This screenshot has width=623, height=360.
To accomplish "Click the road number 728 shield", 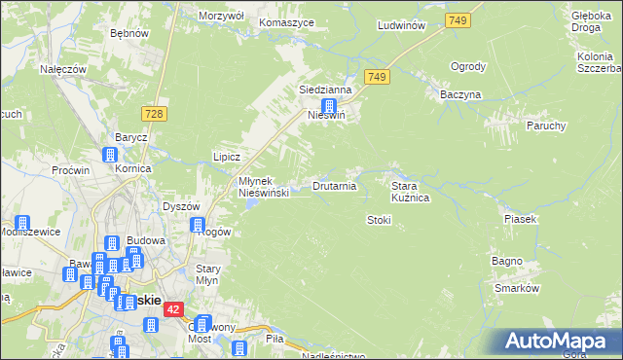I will (x=156, y=114).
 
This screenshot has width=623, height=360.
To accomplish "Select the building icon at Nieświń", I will (x=331, y=106).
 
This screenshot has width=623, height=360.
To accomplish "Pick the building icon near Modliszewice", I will (x=22, y=223).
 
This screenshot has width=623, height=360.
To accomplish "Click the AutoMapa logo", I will (x=559, y=342).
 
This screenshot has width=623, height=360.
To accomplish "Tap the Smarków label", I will (x=516, y=289).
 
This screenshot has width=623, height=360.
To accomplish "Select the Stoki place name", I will (x=378, y=220).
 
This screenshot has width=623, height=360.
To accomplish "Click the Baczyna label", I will (x=460, y=94).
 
